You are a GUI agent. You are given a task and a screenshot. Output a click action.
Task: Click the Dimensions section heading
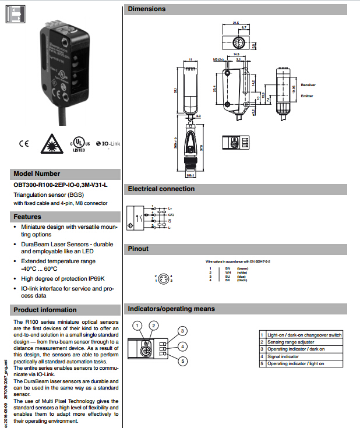point(147,9)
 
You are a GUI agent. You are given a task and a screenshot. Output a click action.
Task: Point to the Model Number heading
point(37,174)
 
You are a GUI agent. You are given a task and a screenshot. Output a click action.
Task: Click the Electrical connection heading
point(161,189)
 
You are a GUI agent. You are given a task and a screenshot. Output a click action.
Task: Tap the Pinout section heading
point(139,249)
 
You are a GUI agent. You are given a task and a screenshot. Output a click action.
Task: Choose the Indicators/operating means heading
point(171,309)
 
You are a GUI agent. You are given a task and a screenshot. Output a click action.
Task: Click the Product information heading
point(45,310)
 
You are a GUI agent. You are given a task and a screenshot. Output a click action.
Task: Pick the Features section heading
point(27,217)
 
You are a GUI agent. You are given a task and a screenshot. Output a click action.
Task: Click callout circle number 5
point(182,362)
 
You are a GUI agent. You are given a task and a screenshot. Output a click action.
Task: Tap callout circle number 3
point(182,331)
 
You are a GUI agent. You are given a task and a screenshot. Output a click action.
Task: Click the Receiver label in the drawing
point(308,85)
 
